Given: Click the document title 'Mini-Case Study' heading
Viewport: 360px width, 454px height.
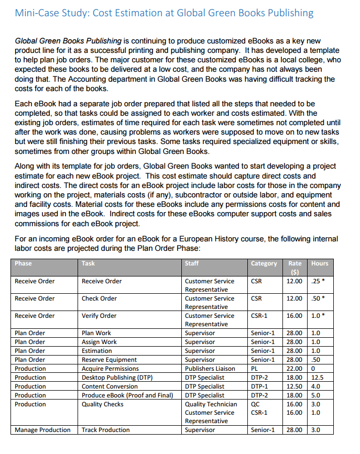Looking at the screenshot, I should point(165,13).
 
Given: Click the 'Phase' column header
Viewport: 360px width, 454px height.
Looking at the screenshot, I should point(24,263).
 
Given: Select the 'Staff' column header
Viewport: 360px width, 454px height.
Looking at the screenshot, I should point(192,263).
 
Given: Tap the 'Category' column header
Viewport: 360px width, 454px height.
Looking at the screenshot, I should point(264,263).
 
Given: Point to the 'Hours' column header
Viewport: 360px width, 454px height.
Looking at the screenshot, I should point(320,263).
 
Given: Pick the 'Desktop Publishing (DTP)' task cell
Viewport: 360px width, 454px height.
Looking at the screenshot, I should point(117,378).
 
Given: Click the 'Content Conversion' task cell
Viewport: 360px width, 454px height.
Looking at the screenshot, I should point(110,386).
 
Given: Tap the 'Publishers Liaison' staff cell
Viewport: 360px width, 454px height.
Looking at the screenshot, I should point(210,369).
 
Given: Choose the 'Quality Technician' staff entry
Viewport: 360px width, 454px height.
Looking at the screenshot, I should point(211,404).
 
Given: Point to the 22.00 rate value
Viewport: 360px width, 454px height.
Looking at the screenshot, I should point(294,369).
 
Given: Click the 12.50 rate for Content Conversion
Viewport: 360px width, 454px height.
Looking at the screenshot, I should point(294,386).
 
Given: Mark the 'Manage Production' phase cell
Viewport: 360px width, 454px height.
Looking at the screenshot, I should point(42,430).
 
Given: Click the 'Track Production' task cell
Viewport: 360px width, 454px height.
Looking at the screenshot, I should point(106,430).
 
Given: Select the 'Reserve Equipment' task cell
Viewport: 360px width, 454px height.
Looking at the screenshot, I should point(109,360).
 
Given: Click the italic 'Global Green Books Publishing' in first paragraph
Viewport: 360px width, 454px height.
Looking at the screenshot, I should point(69,41).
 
